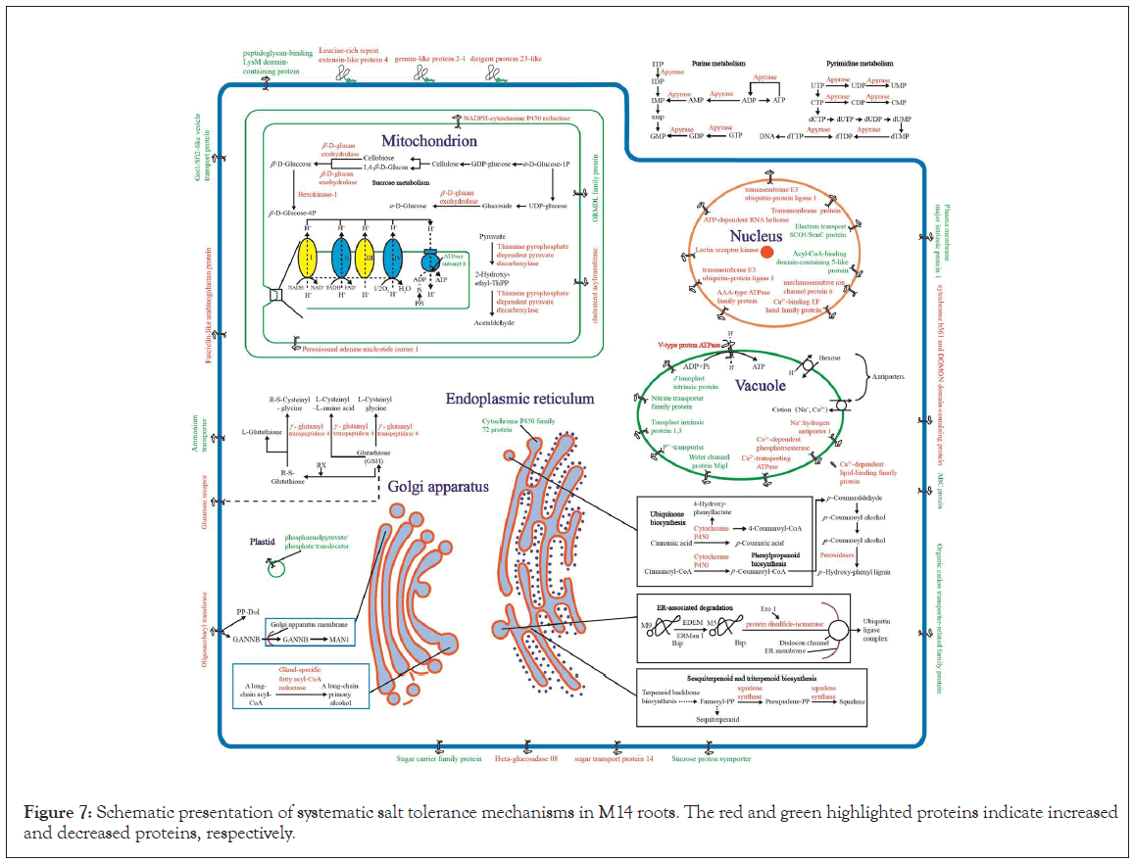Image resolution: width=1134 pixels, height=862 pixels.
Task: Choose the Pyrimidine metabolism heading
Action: pyautogui.click(x=861, y=63)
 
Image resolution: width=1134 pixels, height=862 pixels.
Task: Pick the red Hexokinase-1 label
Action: pyautogui.click(x=315, y=193)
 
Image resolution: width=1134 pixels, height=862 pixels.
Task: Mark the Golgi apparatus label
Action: pyautogui.click(x=437, y=486)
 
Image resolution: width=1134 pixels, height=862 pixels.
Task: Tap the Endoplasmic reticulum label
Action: pyautogui.click(x=519, y=399)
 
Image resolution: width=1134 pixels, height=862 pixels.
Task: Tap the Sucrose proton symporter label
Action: pyautogui.click(x=712, y=759)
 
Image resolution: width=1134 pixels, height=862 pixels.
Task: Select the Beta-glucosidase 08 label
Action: pyautogui.click(x=526, y=759)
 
